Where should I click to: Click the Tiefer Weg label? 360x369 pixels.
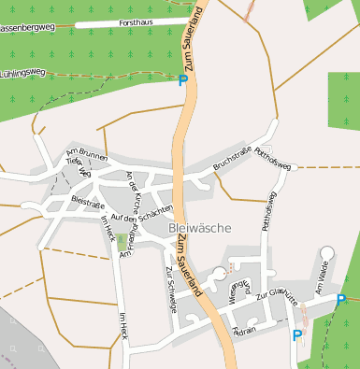coord(79,166)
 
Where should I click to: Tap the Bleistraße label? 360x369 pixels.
coord(85,200)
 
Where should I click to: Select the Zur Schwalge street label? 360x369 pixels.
coord(171,283)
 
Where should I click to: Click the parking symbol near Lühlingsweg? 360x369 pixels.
coord(182,81)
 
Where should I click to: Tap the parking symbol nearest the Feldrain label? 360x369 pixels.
coord(297,335)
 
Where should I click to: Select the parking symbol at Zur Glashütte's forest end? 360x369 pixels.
coord(340,299)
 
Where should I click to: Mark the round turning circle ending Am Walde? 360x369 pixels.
coord(326,252)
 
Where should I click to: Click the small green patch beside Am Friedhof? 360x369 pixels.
coord(122,242)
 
